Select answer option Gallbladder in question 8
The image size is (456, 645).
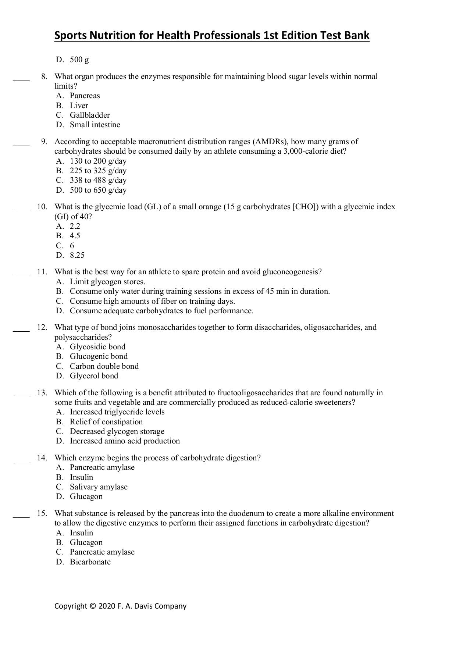click(x=90, y=115)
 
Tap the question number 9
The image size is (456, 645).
click(x=44, y=142)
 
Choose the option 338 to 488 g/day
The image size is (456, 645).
click(x=98, y=180)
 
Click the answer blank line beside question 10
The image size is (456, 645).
click(x=21, y=210)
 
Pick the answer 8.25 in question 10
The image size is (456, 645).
click(x=77, y=255)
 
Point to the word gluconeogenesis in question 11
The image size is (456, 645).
click(x=292, y=272)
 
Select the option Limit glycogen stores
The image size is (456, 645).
click(x=107, y=282)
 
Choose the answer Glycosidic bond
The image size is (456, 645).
click(x=97, y=347)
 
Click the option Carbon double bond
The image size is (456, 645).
click(x=104, y=366)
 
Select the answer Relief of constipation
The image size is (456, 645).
click(x=106, y=422)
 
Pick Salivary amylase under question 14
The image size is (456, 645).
click(x=99, y=487)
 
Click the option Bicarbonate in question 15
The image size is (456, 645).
click(x=90, y=562)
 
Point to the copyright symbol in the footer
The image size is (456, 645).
click(x=93, y=606)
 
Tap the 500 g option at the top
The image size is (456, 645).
click(x=79, y=60)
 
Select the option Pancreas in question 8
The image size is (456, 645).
click(x=85, y=96)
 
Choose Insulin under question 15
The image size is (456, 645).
click(x=81, y=533)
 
